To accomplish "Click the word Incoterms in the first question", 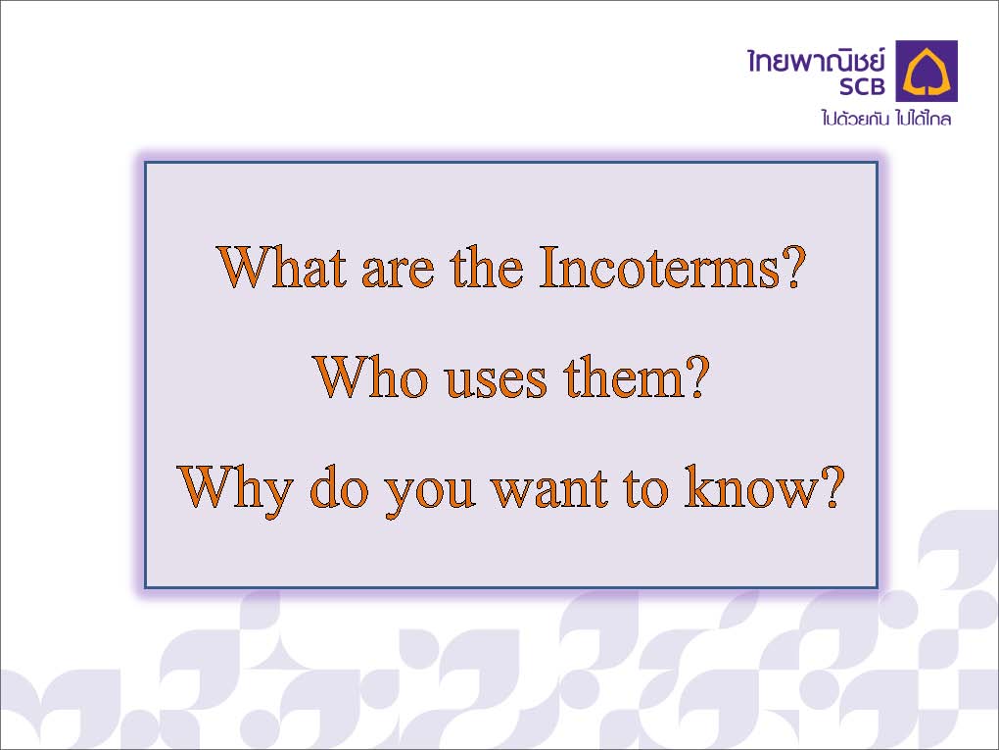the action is pyautogui.click(x=659, y=267).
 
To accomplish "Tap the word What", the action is pyautogui.click(x=283, y=267).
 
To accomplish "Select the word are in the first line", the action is pyautogui.click(x=399, y=273).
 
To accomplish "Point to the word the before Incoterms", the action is pyautogui.click(x=488, y=267).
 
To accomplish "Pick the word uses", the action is pyautogui.click(x=496, y=382).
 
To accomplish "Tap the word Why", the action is pyautogui.click(x=234, y=491).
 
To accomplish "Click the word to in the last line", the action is pyautogui.click(x=646, y=490).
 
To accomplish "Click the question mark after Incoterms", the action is pyautogui.click(x=793, y=267).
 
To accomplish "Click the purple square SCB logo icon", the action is pyautogui.click(x=927, y=71).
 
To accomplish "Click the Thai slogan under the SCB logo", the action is pyautogui.click(x=886, y=118).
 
